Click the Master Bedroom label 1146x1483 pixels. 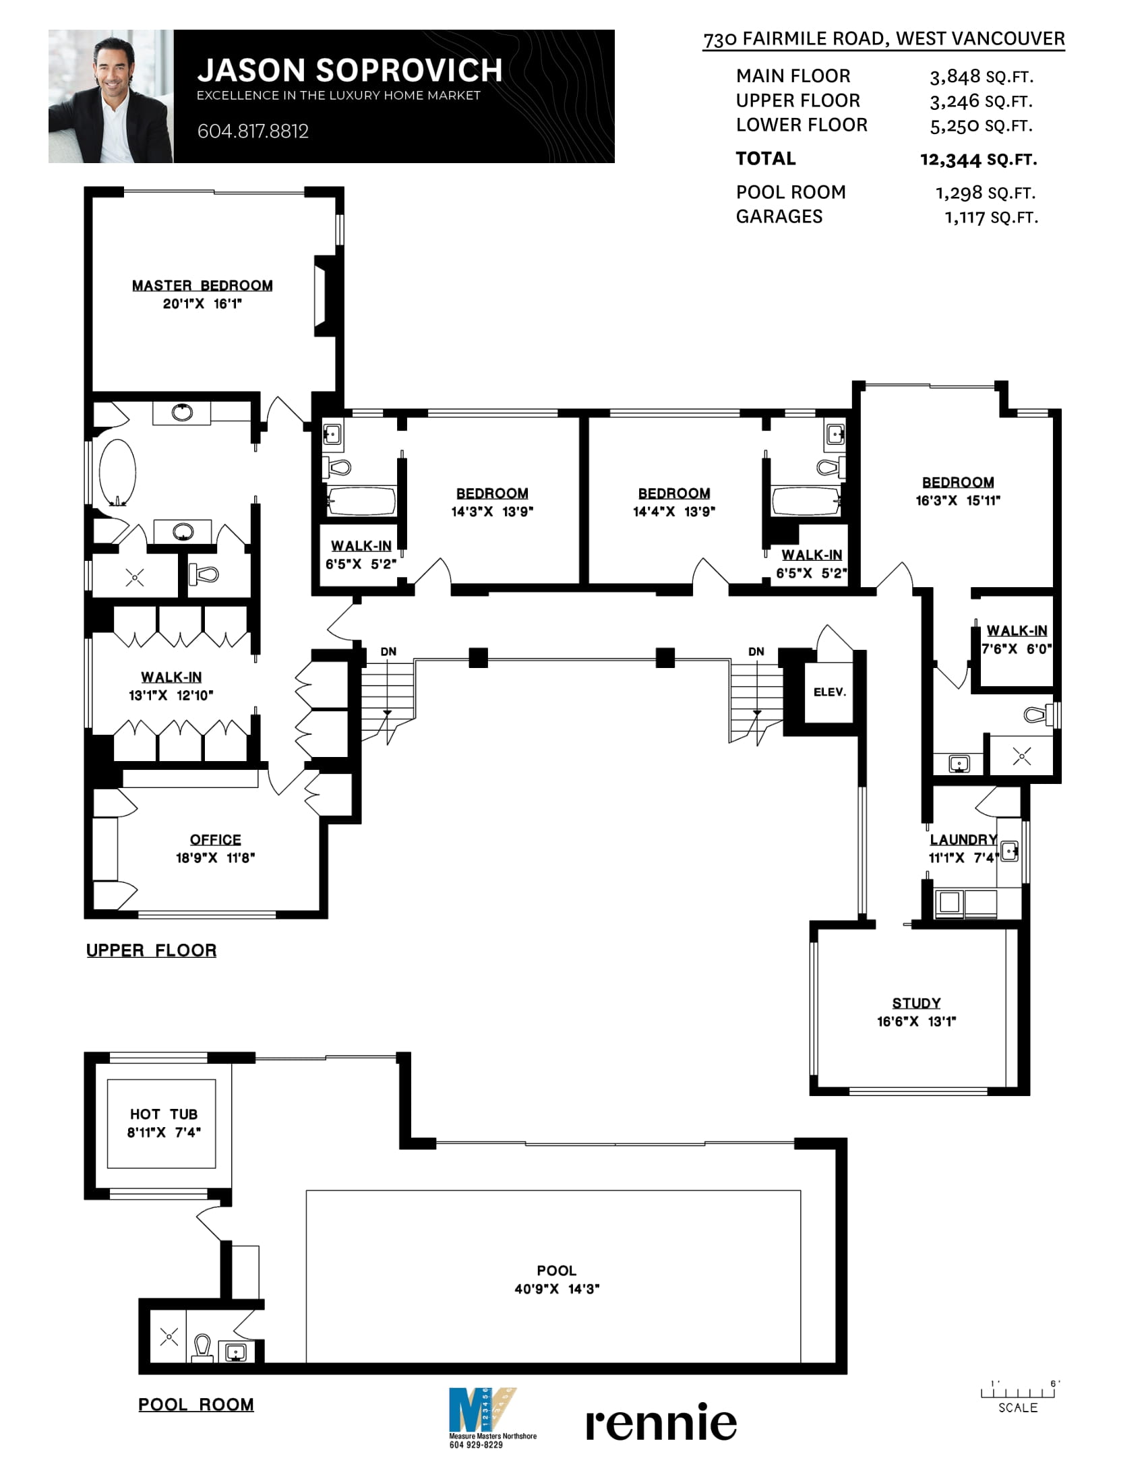pyautogui.click(x=202, y=286)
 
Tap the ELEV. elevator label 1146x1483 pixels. pyautogui.click(x=830, y=692)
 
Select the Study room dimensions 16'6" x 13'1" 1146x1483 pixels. pyautogui.click(x=916, y=1021)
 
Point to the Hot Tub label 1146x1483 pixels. pyautogui.click(x=164, y=1114)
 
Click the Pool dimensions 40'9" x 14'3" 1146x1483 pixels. pyautogui.click(x=557, y=1289)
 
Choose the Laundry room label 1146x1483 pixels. pyautogui.click(x=963, y=840)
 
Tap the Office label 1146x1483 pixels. pyautogui.click(x=215, y=840)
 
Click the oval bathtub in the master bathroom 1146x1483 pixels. pyautogui.click(x=117, y=473)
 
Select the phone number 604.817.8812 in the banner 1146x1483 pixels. pyautogui.click(x=253, y=131)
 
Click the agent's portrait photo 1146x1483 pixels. pyautogui.click(x=111, y=96)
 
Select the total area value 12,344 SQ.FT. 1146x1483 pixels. pyautogui.click(x=978, y=160)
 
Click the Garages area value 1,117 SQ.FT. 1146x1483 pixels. pyautogui.click(x=991, y=217)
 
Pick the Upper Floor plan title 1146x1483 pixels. pyautogui.click(x=152, y=950)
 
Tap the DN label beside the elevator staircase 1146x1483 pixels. pyautogui.click(x=756, y=652)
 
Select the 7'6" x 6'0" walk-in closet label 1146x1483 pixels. pyautogui.click(x=1017, y=640)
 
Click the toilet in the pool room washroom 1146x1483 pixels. pyautogui.click(x=202, y=1348)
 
